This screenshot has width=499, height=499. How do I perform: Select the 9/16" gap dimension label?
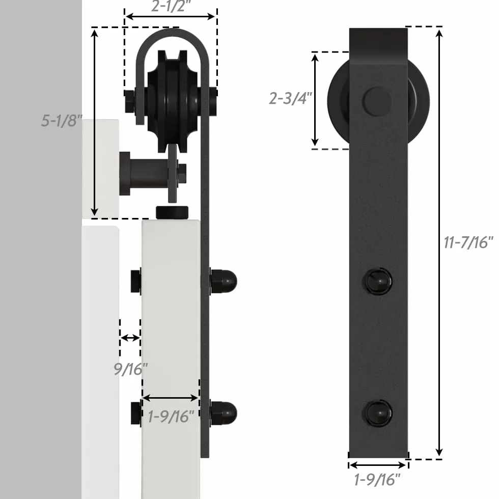130,369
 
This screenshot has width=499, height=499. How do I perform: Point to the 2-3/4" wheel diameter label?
290,98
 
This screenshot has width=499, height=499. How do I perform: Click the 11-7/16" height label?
468,242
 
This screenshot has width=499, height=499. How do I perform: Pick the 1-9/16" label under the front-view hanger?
377,480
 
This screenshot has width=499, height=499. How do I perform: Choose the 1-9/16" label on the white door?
171,417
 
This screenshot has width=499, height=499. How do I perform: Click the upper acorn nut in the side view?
224,281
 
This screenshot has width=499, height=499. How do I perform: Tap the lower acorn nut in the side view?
224,413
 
